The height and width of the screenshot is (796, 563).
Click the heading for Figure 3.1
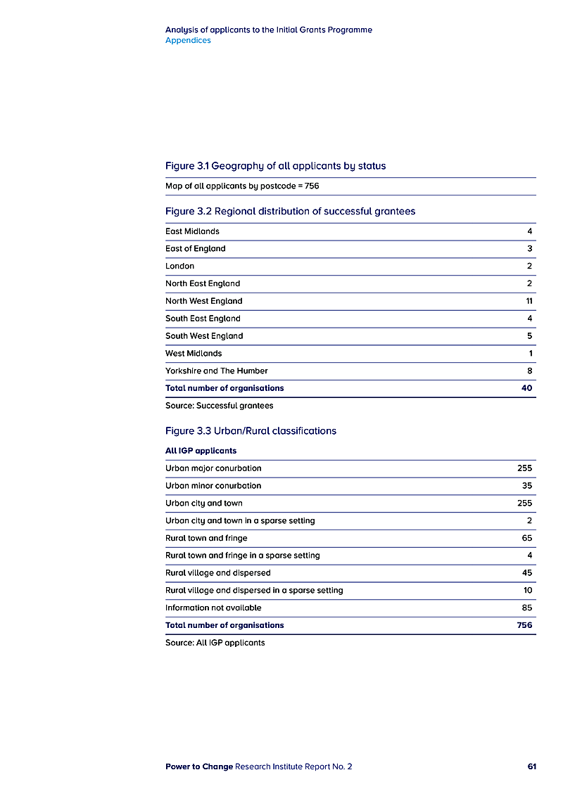point(275,166)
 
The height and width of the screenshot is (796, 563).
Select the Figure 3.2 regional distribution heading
point(290,211)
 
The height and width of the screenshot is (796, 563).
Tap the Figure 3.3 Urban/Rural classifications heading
point(251,430)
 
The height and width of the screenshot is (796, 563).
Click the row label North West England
point(203,301)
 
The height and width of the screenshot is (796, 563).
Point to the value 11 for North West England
point(528,301)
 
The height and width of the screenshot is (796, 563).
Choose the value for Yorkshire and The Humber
point(529,371)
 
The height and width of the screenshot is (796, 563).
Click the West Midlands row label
point(194,353)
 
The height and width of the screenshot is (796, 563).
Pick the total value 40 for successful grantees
point(526,388)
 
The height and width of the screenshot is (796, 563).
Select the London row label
point(179,266)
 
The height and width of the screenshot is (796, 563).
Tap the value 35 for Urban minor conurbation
point(527,485)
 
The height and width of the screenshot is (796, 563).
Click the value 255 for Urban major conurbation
point(524,468)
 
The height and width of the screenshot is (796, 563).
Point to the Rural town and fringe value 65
point(527,538)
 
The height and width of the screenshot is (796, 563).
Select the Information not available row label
point(213,608)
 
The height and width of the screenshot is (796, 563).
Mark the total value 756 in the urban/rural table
point(524,625)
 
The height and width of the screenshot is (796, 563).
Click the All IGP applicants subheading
point(201,451)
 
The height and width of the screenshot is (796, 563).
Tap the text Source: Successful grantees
point(219,406)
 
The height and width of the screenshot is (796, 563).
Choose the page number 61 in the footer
point(531,766)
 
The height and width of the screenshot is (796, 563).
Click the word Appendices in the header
point(188,40)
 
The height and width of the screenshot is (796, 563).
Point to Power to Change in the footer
point(198,766)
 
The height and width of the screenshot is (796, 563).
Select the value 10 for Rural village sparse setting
point(528,590)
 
